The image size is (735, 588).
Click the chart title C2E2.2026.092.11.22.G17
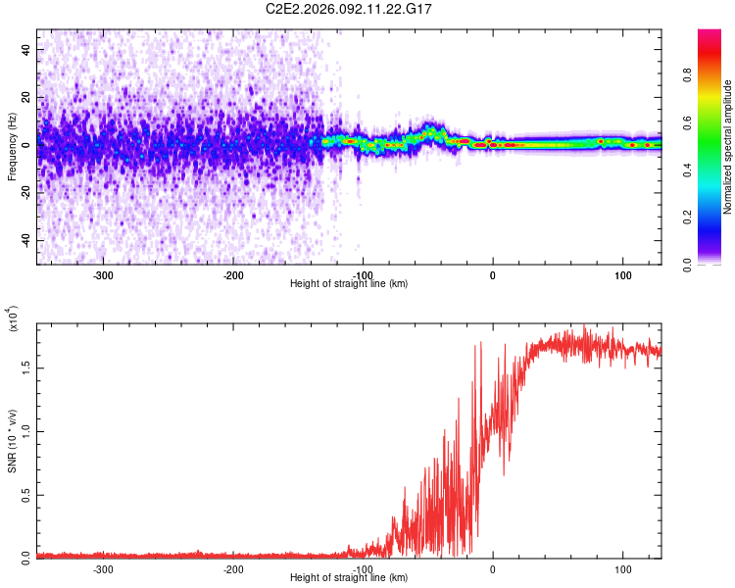364,9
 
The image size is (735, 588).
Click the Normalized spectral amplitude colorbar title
728,147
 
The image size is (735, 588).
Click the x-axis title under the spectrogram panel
349,284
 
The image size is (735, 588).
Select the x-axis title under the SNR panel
349,577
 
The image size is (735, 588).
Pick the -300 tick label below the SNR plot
103,567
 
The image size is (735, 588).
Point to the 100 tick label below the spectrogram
622,274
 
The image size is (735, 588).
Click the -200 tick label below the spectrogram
233,274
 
